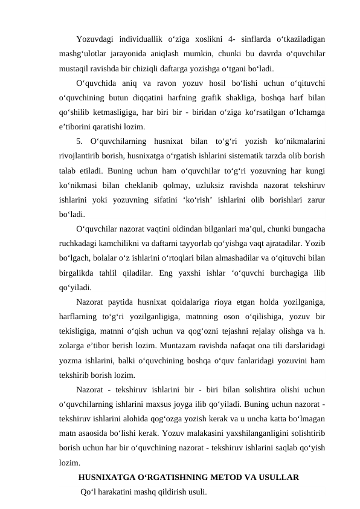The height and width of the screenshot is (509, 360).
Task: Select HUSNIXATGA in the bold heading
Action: point(108,478)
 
